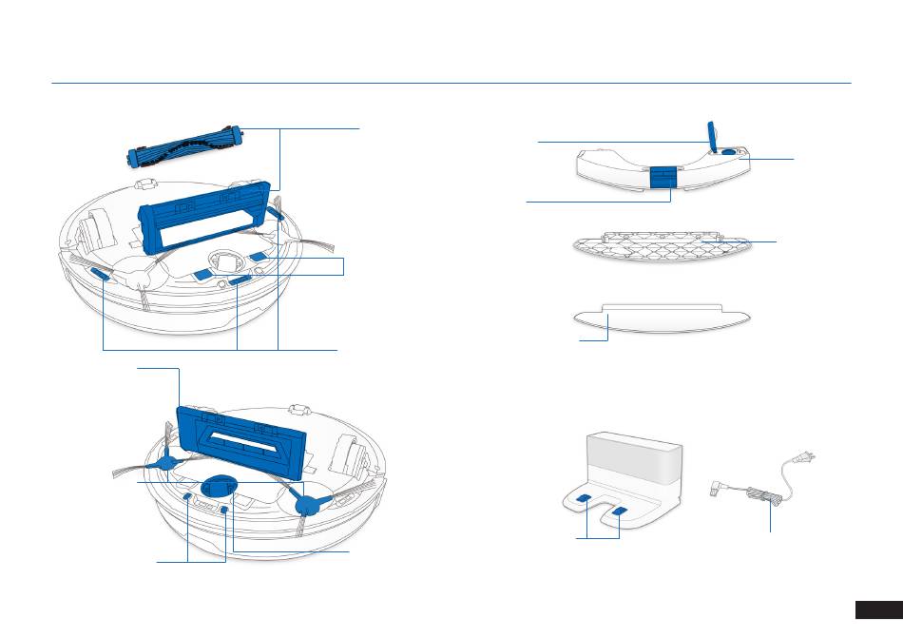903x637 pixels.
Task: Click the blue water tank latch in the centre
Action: click(x=663, y=176)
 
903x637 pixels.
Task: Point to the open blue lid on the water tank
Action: click(x=713, y=134)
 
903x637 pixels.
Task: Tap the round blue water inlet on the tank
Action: click(x=728, y=150)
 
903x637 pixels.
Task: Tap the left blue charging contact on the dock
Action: click(x=582, y=499)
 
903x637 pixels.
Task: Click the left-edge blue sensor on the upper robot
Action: click(x=100, y=274)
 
